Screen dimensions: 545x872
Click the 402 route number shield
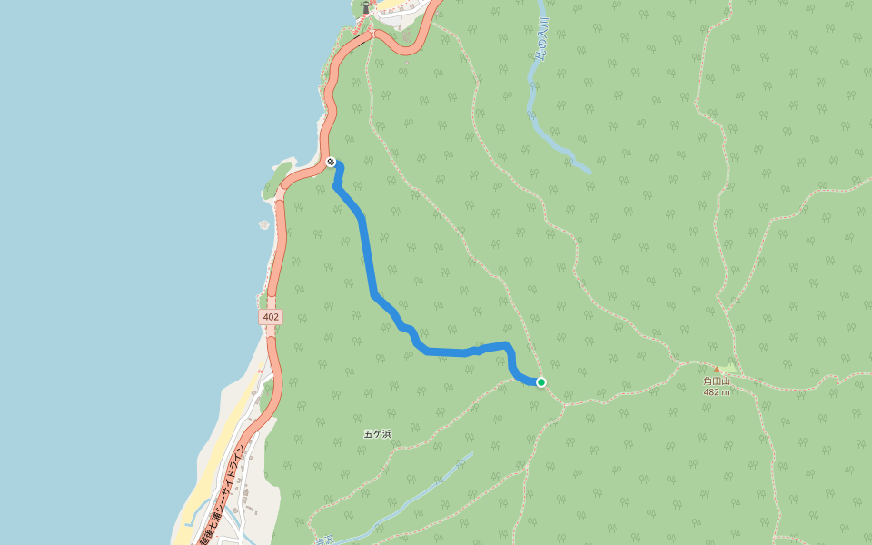[x=270, y=317]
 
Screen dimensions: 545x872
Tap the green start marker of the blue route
[x=541, y=382]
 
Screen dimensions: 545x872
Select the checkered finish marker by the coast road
[x=331, y=162]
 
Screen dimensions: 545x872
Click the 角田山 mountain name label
[x=717, y=381]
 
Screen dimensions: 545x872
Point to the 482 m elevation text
[x=717, y=392]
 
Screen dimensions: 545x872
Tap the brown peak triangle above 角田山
[x=717, y=370]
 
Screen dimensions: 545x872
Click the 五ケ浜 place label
[x=377, y=434]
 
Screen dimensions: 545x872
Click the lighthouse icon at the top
[x=366, y=8]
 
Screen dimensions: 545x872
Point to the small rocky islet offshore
[x=263, y=224]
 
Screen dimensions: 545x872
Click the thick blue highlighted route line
[x=368, y=254]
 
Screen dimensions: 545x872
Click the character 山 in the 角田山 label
[x=726, y=381]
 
